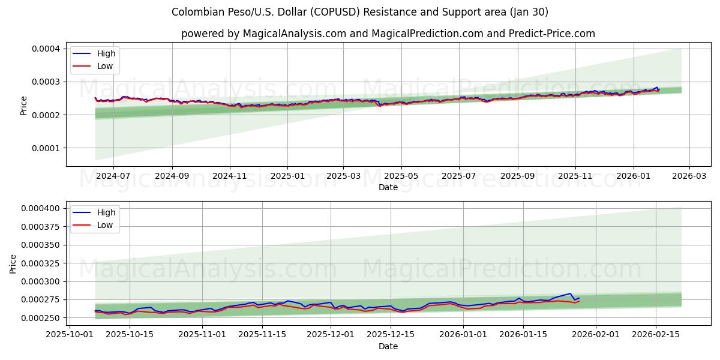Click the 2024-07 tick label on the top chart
[x=113, y=176]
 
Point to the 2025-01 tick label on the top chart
[x=287, y=176]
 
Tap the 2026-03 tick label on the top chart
[x=689, y=176]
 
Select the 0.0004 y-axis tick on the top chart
[x=44, y=48]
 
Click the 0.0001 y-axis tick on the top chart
[x=44, y=148]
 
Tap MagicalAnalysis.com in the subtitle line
[x=294, y=34]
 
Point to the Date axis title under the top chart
[x=388, y=187]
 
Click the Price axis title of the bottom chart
[x=14, y=263]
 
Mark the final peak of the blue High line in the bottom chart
[x=570, y=293]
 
